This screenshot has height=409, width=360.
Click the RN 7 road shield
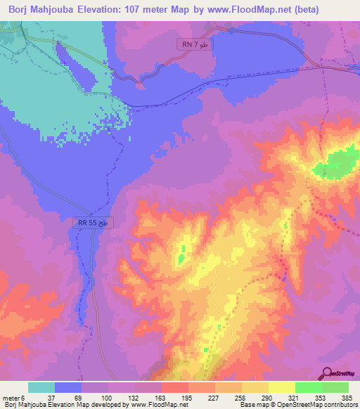click(x=193, y=45)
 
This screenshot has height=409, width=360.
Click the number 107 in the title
click(x=136, y=10)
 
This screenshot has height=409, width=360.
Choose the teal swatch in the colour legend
click(x=41, y=387)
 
